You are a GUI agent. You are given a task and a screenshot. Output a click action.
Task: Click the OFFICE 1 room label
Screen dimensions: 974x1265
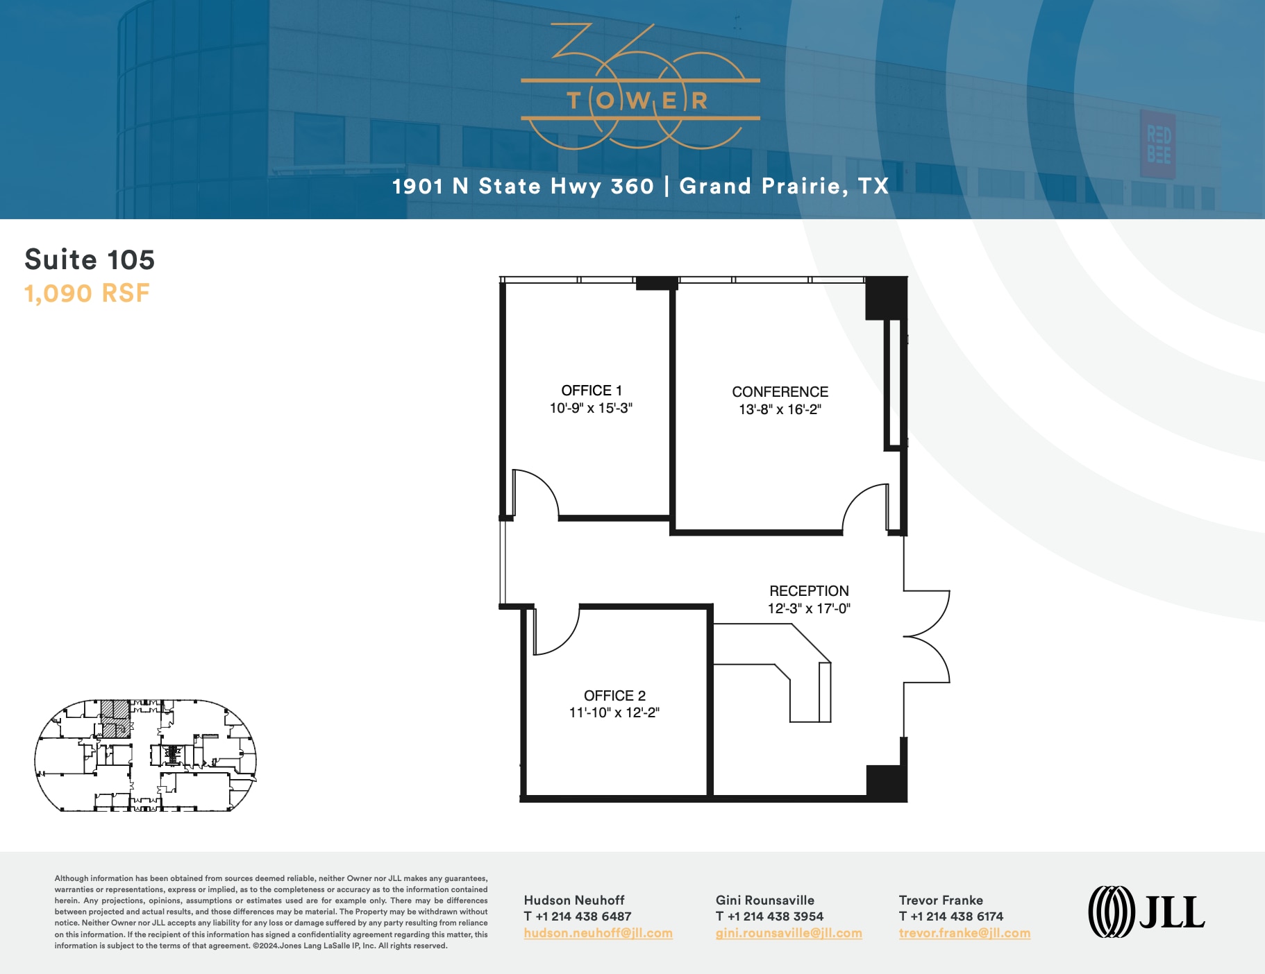[x=592, y=391]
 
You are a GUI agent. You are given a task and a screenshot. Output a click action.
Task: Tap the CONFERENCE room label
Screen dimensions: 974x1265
[x=780, y=392]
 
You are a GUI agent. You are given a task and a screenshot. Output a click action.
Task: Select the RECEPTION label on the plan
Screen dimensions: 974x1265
[x=809, y=591]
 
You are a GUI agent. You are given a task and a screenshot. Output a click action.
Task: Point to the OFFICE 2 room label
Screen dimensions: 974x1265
[x=614, y=695]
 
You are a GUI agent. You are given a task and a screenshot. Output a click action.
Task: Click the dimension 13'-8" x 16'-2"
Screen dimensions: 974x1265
[x=780, y=409]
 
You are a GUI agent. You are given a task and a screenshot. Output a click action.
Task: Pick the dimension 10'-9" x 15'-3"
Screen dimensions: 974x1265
[x=591, y=408]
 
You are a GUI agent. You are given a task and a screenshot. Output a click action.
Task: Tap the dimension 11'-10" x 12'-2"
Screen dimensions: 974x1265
[x=614, y=712]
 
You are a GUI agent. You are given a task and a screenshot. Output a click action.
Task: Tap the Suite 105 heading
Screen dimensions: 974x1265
[x=90, y=259]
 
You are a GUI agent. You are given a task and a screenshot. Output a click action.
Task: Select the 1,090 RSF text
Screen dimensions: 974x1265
[x=87, y=293]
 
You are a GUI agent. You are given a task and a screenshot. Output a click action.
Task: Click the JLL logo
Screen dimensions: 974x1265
[x=1146, y=912]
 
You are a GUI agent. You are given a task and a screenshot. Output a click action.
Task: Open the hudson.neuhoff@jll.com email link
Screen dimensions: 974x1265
[x=598, y=933]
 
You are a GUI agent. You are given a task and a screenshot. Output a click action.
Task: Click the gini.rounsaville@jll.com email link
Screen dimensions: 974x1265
[x=789, y=933]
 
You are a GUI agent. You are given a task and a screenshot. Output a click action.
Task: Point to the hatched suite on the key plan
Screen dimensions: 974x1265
[x=115, y=717]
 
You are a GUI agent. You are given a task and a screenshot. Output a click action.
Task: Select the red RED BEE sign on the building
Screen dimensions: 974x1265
[x=1158, y=144]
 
